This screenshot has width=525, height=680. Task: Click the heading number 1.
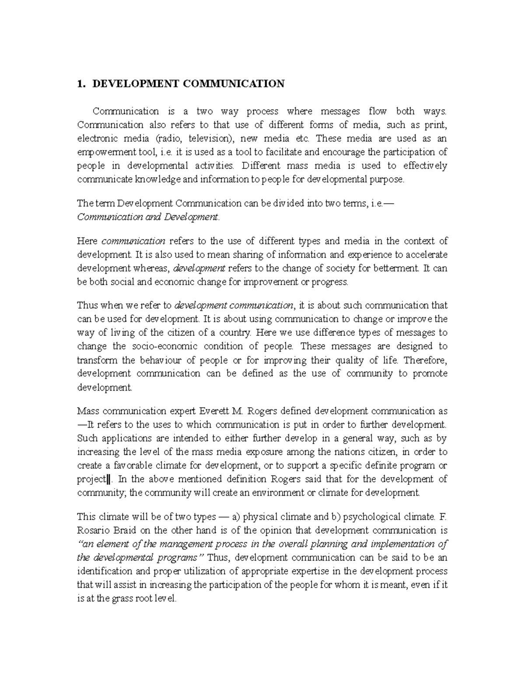click(80, 84)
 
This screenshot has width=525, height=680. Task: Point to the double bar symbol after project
click(103, 479)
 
